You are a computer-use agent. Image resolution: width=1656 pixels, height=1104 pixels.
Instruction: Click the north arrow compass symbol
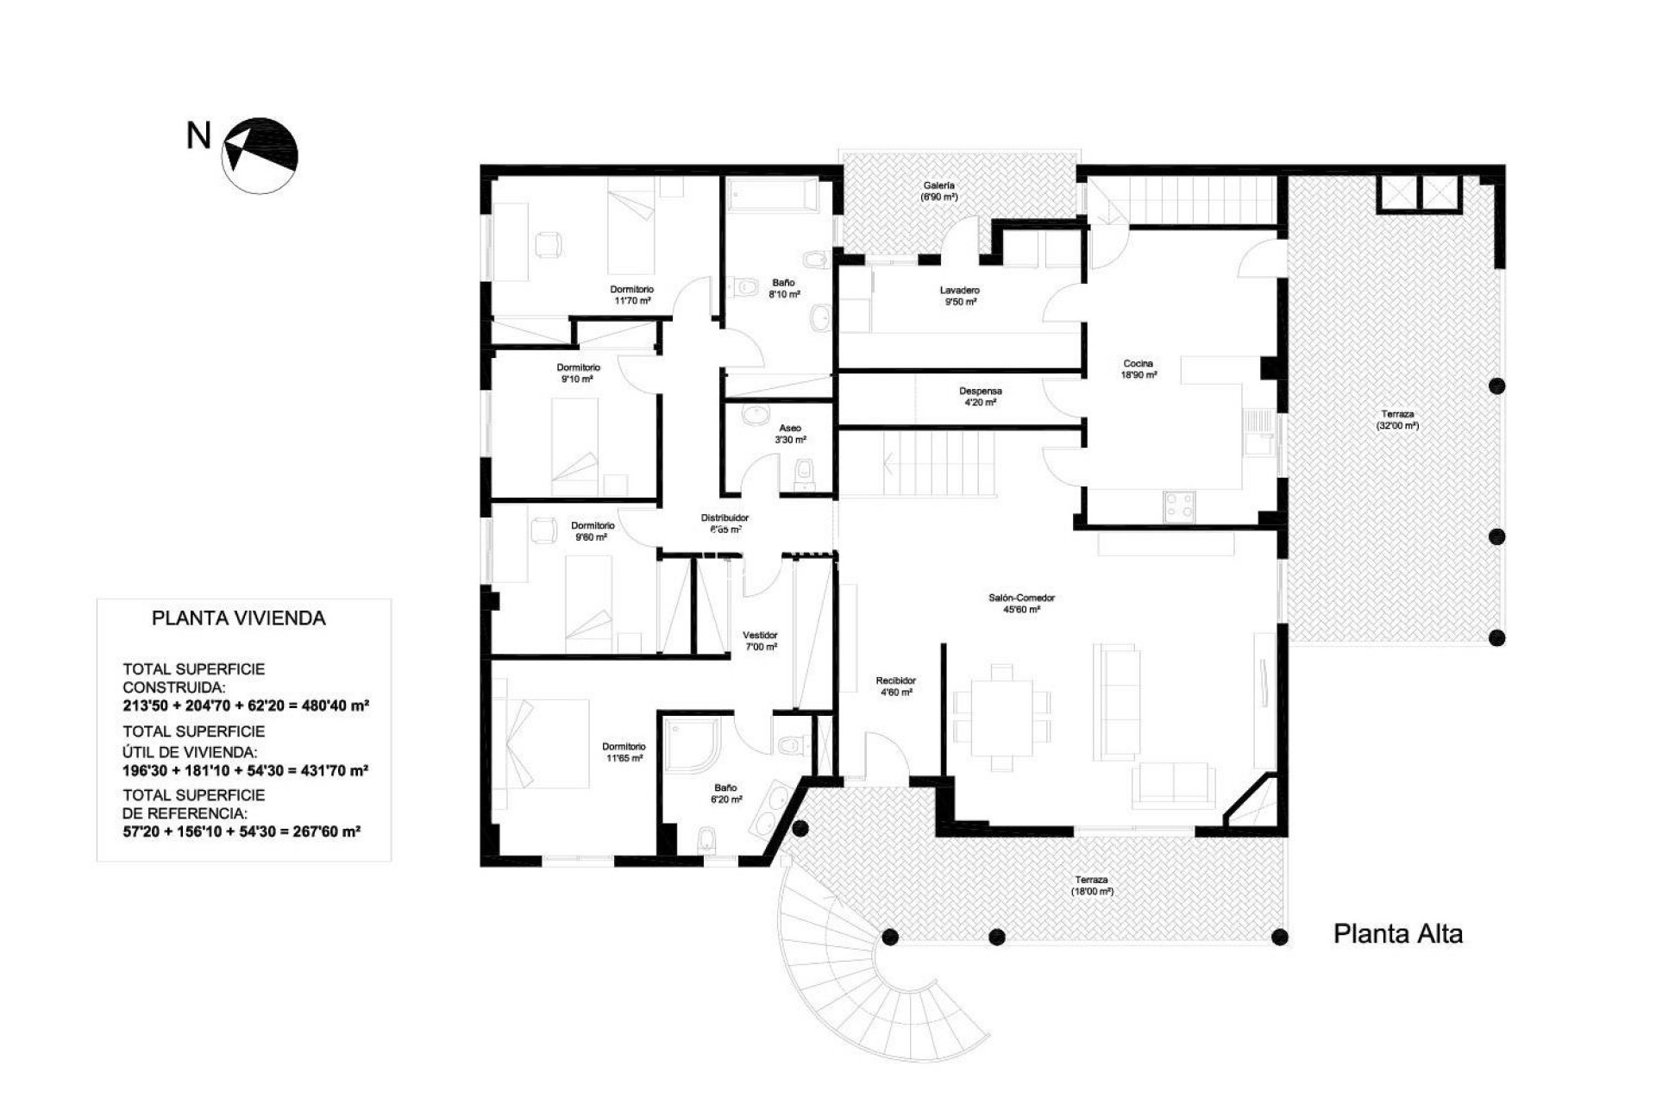point(260,155)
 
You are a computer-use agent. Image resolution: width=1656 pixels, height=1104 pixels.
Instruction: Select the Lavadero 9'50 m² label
point(959,296)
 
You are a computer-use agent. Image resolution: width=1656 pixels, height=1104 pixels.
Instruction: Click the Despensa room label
point(980,397)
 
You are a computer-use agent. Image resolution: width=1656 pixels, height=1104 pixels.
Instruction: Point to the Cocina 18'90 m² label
point(1138,369)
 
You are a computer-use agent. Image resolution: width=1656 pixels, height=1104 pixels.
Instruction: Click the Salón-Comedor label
point(1021,603)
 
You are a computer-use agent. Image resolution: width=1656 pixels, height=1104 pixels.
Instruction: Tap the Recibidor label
point(895,686)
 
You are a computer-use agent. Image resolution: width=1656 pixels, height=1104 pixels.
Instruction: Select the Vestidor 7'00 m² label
point(761,641)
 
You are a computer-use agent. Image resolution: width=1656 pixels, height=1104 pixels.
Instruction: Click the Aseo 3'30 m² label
point(790,434)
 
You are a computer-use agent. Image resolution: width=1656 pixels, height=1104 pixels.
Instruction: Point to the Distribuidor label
point(724,524)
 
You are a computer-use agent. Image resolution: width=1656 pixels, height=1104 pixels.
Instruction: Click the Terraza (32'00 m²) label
point(1397,420)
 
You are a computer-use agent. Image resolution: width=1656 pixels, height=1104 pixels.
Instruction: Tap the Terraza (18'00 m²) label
point(1092,885)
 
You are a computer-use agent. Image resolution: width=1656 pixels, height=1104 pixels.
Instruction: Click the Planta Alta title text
point(1397,934)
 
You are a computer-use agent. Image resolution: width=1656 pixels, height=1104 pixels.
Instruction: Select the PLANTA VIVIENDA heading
point(239,618)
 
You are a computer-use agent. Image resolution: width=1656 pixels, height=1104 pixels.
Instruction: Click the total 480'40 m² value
point(335,706)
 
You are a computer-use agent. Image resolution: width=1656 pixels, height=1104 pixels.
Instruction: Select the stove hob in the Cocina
point(1178,505)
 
